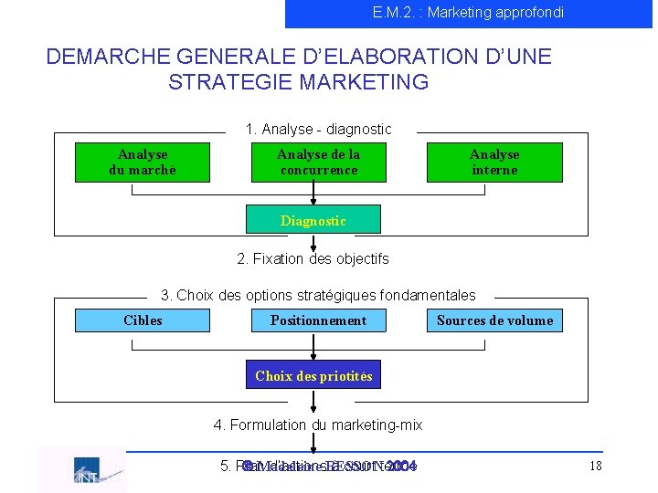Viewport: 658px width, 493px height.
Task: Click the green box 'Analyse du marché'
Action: click(x=143, y=163)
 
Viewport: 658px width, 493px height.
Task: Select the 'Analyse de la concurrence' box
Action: click(x=319, y=163)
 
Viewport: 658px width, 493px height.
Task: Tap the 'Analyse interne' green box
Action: click(x=494, y=163)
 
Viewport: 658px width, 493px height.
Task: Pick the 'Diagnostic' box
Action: click(x=313, y=221)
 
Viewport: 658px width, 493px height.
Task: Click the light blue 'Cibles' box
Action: click(x=143, y=320)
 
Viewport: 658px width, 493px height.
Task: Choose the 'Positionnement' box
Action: click(x=318, y=320)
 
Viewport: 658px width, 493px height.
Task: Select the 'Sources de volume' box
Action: click(x=494, y=320)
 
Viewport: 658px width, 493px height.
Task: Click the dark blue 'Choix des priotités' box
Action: click(x=313, y=376)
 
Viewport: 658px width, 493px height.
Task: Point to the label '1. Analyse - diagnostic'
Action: click(x=318, y=130)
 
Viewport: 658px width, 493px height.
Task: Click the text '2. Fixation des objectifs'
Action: click(x=313, y=259)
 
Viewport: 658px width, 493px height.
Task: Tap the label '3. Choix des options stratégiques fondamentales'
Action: click(x=318, y=296)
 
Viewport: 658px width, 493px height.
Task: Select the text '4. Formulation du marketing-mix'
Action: click(x=318, y=425)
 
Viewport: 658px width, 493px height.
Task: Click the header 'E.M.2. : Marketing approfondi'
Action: click(x=468, y=13)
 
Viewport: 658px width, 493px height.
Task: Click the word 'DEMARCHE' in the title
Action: click(x=101, y=57)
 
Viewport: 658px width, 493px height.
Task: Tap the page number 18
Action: click(x=595, y=467)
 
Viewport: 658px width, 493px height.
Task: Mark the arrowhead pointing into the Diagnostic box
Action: click(x=313, y=202)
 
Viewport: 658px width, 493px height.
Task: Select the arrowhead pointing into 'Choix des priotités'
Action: click(x=313, y=358)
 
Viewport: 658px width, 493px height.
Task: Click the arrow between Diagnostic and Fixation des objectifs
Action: click(x=313, y=242)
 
